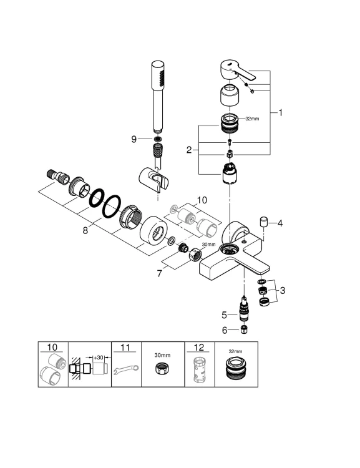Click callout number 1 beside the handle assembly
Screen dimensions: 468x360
pyautogui.click(x=281, y=113)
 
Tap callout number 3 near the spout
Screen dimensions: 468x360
pyautogui.click(x=283, y=290)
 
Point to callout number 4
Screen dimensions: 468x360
pyautogui.click(x=280, y=223)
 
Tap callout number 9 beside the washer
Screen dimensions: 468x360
pyautogui.click(x=134, y=139)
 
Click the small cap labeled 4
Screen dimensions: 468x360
pyautogui.click(x=264, y=222)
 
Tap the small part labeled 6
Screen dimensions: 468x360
pyautogui.click(x=245, y=330)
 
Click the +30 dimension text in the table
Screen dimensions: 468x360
pyautogui.click(x=98, y=356)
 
